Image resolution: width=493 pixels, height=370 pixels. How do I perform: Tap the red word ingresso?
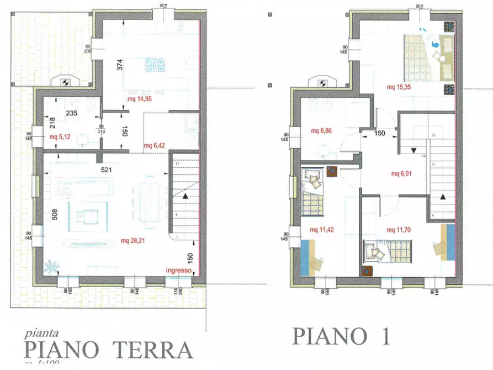(x=178, y=271)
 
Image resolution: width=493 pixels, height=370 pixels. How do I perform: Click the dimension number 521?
(x=107, y=170)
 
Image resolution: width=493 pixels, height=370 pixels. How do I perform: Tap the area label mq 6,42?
(x=155, y=146)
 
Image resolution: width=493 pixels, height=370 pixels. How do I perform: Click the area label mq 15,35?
(x=399, y=87)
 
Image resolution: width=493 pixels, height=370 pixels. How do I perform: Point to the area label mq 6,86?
(x=322, y=131)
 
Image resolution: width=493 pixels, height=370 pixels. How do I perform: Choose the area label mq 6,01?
(x=403, y=174)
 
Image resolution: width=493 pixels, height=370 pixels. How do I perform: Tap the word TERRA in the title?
(x=154, y=350)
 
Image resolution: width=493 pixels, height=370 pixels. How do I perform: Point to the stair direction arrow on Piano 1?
(x=442, y=197)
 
